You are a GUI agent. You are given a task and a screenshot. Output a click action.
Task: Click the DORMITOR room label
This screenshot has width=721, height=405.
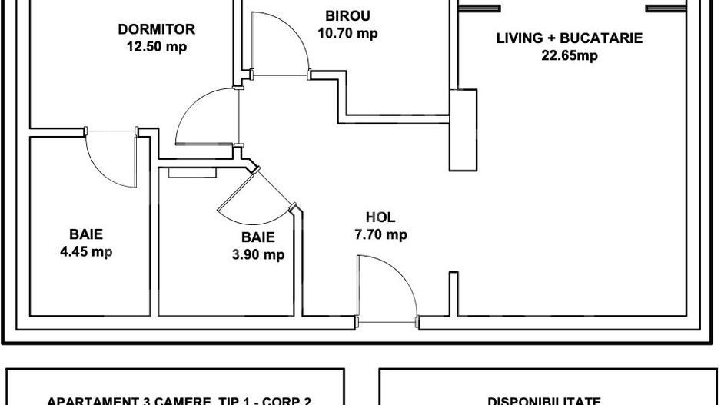pos(156,30)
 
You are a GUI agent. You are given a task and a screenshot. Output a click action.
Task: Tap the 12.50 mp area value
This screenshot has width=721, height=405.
pos(157,46)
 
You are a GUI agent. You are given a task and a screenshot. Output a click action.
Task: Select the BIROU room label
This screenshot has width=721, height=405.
pos(347,16)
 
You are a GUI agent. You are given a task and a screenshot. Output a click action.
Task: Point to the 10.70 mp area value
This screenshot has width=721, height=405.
pos(347,33)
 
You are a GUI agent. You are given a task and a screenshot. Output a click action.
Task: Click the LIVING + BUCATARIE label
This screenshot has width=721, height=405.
pos(570,38)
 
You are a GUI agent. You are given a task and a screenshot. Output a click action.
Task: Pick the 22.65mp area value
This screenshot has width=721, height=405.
pos(570,55)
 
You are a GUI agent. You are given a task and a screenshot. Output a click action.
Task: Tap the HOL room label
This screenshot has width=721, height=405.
pos(380,218)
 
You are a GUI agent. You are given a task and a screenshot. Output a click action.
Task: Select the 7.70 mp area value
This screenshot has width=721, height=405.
pos(380,235)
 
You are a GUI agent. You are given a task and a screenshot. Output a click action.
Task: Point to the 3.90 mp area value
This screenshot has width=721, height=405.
pos(258,254)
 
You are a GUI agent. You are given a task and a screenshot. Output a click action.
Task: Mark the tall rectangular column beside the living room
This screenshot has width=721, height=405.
pos(463,131)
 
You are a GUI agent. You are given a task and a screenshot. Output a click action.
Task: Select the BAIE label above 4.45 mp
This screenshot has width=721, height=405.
pos(86,234)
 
